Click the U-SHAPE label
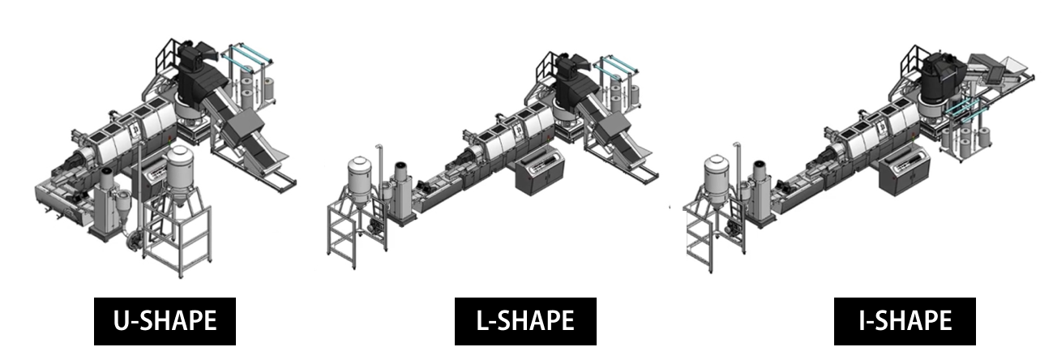pos(165,321)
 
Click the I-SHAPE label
pos(905,321)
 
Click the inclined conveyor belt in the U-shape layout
pos(243,130)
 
